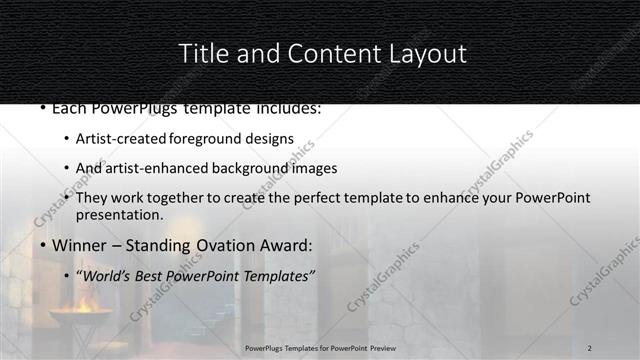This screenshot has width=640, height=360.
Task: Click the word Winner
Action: (x=76, y=245)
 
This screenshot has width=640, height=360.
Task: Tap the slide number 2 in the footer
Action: (x=590, y=347)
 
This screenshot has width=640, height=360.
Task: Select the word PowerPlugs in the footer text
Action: (x=266, y=347)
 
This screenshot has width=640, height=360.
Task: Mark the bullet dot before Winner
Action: (x=42, y=246)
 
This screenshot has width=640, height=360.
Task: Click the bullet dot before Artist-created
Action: (x=66, y=138)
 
